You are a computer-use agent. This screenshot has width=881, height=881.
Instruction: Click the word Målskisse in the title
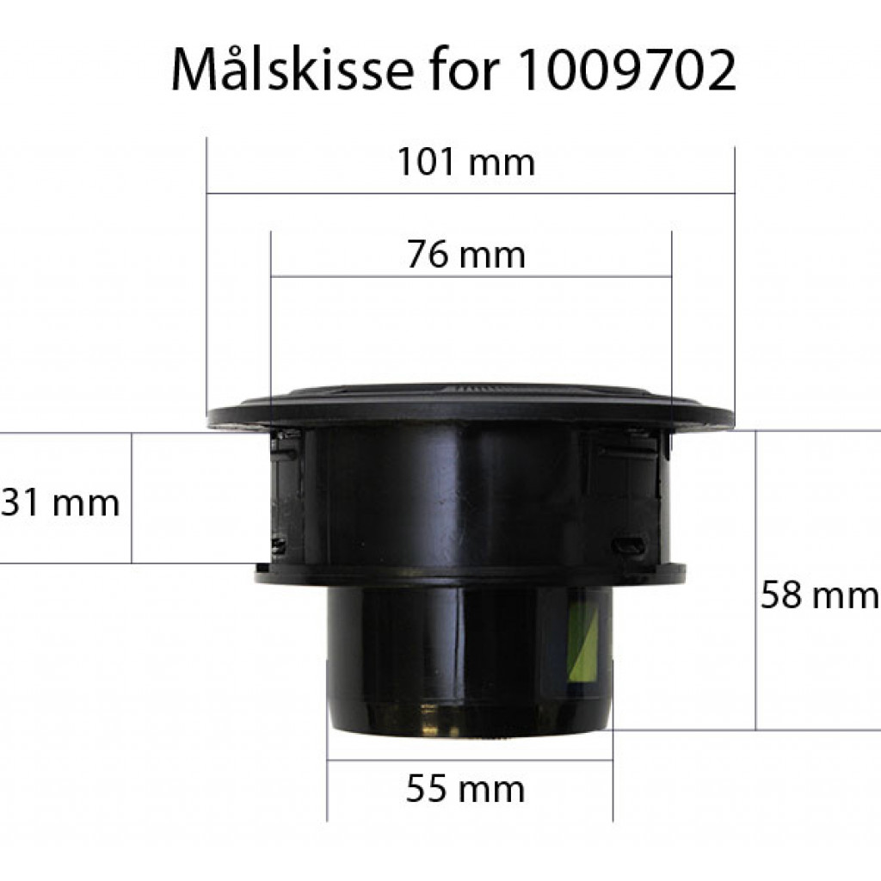293,71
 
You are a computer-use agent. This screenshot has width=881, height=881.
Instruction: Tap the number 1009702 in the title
625,71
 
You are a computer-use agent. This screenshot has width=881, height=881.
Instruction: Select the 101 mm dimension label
465,162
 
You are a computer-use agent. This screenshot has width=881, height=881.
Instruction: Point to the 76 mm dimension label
465,255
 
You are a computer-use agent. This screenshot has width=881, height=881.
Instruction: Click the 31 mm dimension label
59,502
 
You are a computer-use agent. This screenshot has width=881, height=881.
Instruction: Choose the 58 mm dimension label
819,595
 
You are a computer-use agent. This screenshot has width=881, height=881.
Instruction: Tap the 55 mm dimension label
465,789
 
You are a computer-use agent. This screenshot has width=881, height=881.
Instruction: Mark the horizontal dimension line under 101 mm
471,194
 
